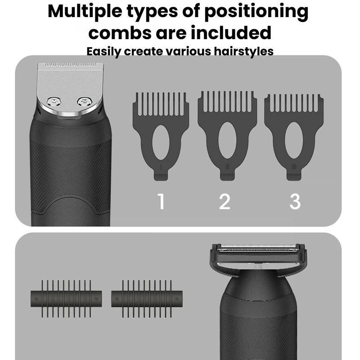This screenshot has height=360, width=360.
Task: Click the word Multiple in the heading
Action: tap(85, 12)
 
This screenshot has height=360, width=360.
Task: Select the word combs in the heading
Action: tap(120, 32)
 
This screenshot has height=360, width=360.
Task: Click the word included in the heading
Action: tap(231, 32)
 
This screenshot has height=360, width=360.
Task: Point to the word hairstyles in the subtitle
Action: tap(244, 51)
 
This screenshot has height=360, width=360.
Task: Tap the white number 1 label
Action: tap(161, 201)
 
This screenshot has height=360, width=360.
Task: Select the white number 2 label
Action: tap(225, 201)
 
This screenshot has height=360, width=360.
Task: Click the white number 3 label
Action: tap(295, 201)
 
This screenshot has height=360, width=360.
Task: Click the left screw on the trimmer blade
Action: tap(54, 102)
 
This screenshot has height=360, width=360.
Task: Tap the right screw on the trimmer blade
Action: tap(85, 102)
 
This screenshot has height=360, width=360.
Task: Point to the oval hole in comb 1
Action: tap(161, 142)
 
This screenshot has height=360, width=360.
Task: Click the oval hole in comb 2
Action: tap(227, 140)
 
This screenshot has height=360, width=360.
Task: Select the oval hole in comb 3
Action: tap(294, 140)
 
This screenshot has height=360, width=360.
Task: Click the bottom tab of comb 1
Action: tap(161, 176)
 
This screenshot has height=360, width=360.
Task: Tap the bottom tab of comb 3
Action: tap(294, 176)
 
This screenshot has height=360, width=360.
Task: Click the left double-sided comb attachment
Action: tap(66, 299)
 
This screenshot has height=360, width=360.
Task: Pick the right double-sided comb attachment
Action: tap(147, 299)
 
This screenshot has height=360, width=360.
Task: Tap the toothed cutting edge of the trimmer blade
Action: tap(70, 65)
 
